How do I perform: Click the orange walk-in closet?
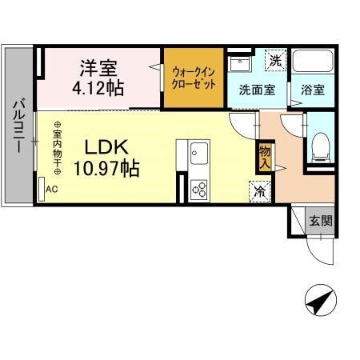pos(194,79)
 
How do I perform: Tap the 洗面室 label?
pos(257,90)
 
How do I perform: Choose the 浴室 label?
pos(312,90)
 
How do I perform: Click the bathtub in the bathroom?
pos(313,64)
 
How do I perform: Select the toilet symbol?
pos(322,146)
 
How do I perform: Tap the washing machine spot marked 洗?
pos(274,59)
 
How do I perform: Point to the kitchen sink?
pos(198,153)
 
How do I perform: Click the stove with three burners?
pos(198,190)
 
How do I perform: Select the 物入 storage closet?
pos(264,156)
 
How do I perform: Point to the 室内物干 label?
pos(58,149)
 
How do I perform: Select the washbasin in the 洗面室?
pos(238,64)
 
